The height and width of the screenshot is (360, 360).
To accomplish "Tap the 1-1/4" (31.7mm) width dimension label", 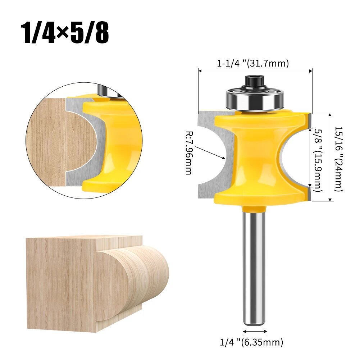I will pyautogui.click(x=253, y=64).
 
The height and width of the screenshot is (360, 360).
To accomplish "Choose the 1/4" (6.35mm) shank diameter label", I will pyautogui.click(x=251, y=342).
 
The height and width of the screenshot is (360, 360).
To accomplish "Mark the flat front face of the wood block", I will pyautogui.click(x=61, y=284).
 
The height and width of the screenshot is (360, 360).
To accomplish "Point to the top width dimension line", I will pyautogui.click(x=255, y=71).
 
